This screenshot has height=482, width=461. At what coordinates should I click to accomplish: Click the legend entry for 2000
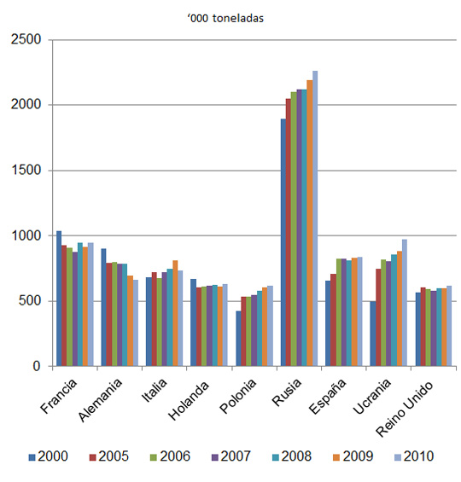(49, 456)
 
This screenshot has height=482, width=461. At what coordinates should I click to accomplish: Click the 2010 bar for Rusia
(315, 218)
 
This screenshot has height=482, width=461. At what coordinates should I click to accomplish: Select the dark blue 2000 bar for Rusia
(283, 242)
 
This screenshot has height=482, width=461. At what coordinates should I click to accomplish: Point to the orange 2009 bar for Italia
(175, 313)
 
